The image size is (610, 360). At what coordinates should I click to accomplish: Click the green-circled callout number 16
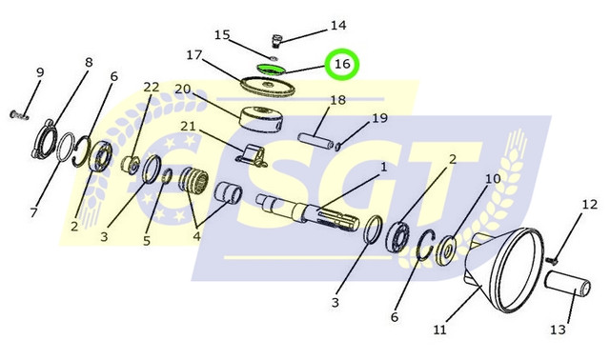342,64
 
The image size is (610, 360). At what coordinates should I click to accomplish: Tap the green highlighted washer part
271,69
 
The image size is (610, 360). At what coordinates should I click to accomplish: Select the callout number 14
338,26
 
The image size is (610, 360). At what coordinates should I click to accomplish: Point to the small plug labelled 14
275,40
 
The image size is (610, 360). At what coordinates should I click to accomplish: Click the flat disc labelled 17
267,86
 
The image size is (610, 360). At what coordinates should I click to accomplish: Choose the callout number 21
188,126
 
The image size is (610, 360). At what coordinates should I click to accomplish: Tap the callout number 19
379,117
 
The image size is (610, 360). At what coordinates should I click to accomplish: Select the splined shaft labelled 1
307,213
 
